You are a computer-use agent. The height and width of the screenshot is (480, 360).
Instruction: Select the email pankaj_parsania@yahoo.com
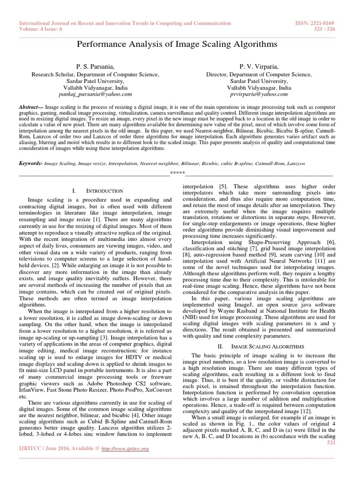pyautogui.click(x=95, y=94)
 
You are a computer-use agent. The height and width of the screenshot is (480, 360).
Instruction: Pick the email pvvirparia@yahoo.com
pyautogui.click(x=259, y=94)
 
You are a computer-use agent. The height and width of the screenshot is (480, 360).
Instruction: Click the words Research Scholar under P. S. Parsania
pyautogui.click(x=52, y=75)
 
